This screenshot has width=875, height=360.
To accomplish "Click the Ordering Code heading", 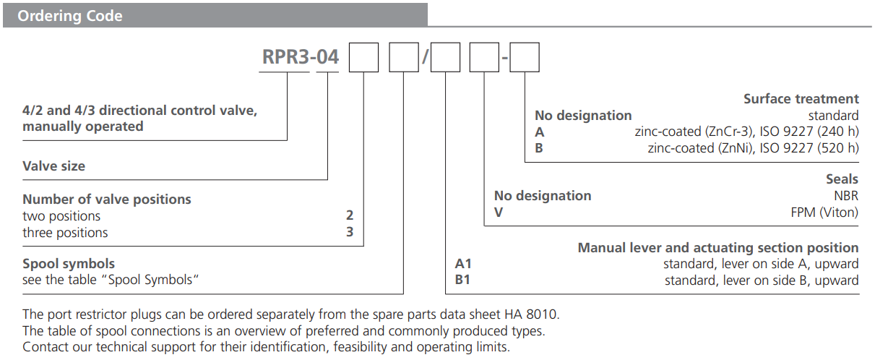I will pos(70,16).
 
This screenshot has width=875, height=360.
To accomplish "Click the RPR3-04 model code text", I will pos(300,57).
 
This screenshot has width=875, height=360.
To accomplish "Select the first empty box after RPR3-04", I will pos(363,57).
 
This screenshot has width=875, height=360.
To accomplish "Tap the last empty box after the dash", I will pos(525,57).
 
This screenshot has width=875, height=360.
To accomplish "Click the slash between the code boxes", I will pos(424,58).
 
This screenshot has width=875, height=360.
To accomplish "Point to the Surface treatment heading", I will pos(801,99).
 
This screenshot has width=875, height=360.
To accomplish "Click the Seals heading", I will pos(842,179).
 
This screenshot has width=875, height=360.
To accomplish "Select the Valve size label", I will pos(53,166).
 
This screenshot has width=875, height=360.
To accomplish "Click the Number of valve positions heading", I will pos(107,199).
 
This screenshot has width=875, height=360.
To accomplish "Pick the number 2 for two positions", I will pos(350,215).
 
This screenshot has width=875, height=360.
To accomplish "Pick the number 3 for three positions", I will pos(350,232).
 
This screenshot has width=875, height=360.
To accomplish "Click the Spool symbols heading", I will pos(69,263).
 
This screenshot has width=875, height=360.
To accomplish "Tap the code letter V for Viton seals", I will pos(499,212).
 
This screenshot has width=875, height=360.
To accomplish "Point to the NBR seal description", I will pos(845,195).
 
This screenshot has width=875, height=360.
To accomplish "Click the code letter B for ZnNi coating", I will pos(539,148).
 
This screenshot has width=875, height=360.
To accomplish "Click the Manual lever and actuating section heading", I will pos(717,247).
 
